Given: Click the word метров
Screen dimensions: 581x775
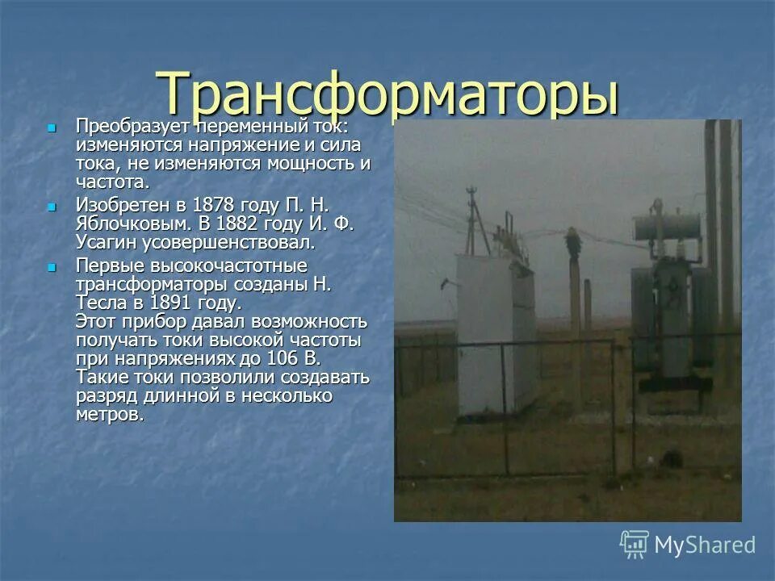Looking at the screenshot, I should click(x=109, y=415).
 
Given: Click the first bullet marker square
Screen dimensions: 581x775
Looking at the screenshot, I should click(x=52, y=127).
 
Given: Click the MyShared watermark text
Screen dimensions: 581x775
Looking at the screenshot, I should click(x=705, y=545).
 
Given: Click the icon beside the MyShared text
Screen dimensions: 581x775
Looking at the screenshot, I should click(x=635, y=545).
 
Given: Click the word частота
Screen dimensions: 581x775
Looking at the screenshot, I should click(x=112, y=182).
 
